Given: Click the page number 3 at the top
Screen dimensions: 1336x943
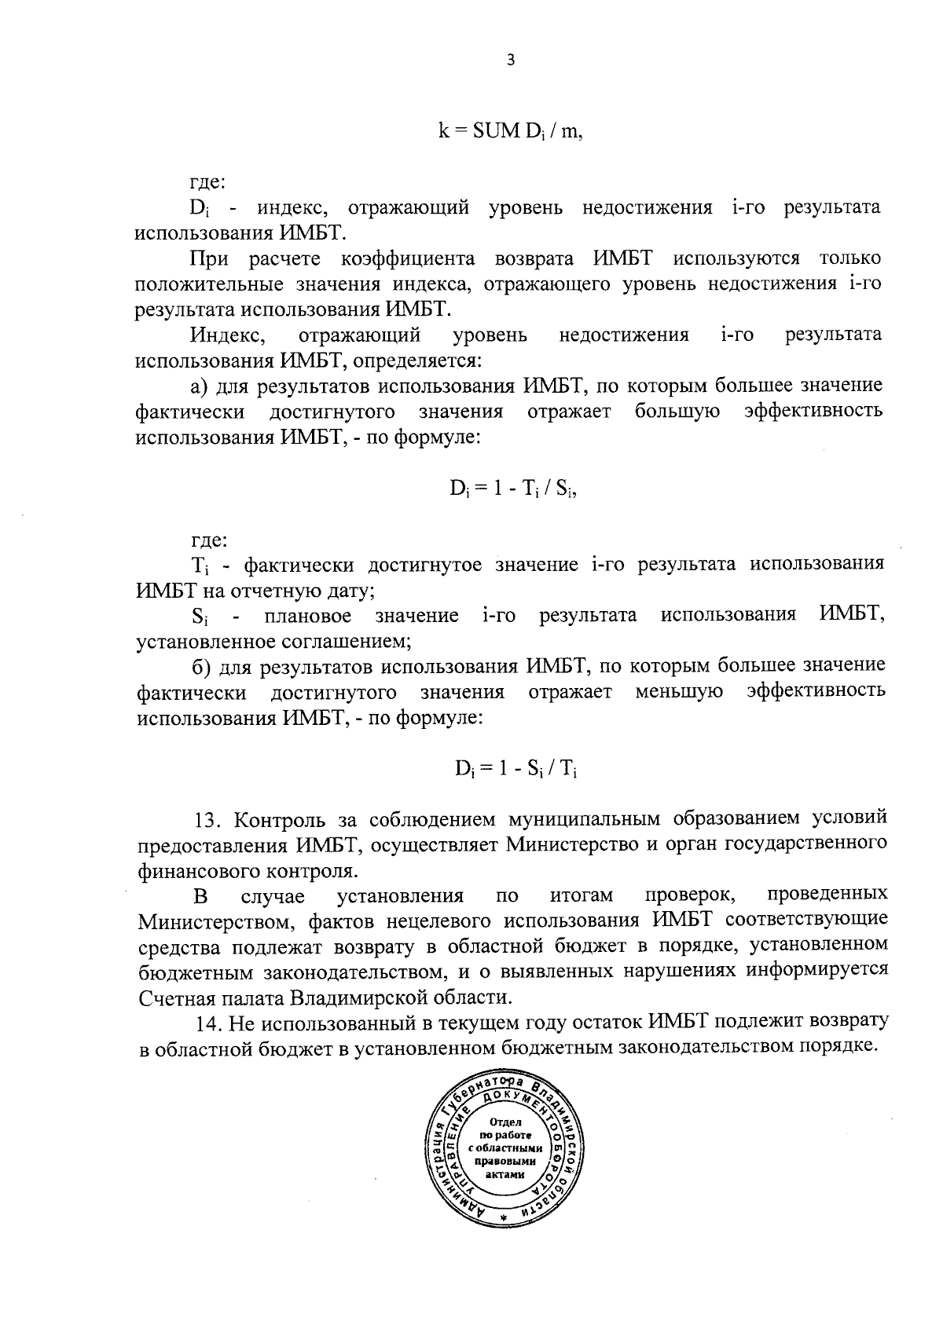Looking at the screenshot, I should (511, 60).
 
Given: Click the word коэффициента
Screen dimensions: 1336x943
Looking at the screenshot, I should (409, 258).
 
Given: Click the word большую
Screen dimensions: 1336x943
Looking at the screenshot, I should (677, 411).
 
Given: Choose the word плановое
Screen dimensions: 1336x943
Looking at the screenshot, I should (309, 615).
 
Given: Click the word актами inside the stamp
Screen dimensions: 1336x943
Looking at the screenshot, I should (504, 1175).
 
